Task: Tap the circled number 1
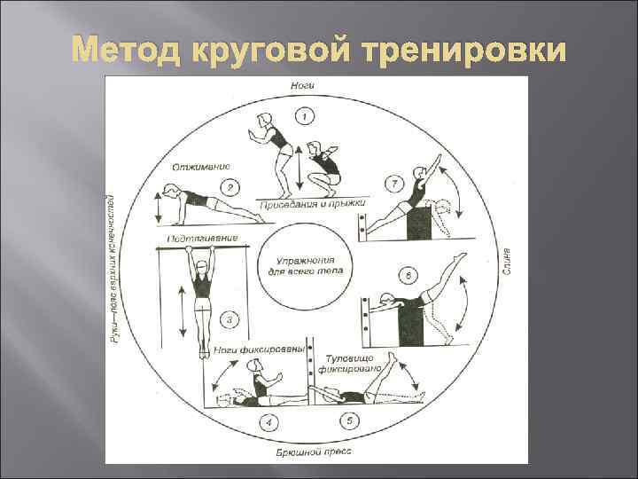tap(304, 115)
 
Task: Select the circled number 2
tap(230, 187)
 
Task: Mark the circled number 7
tap(393, 185)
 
